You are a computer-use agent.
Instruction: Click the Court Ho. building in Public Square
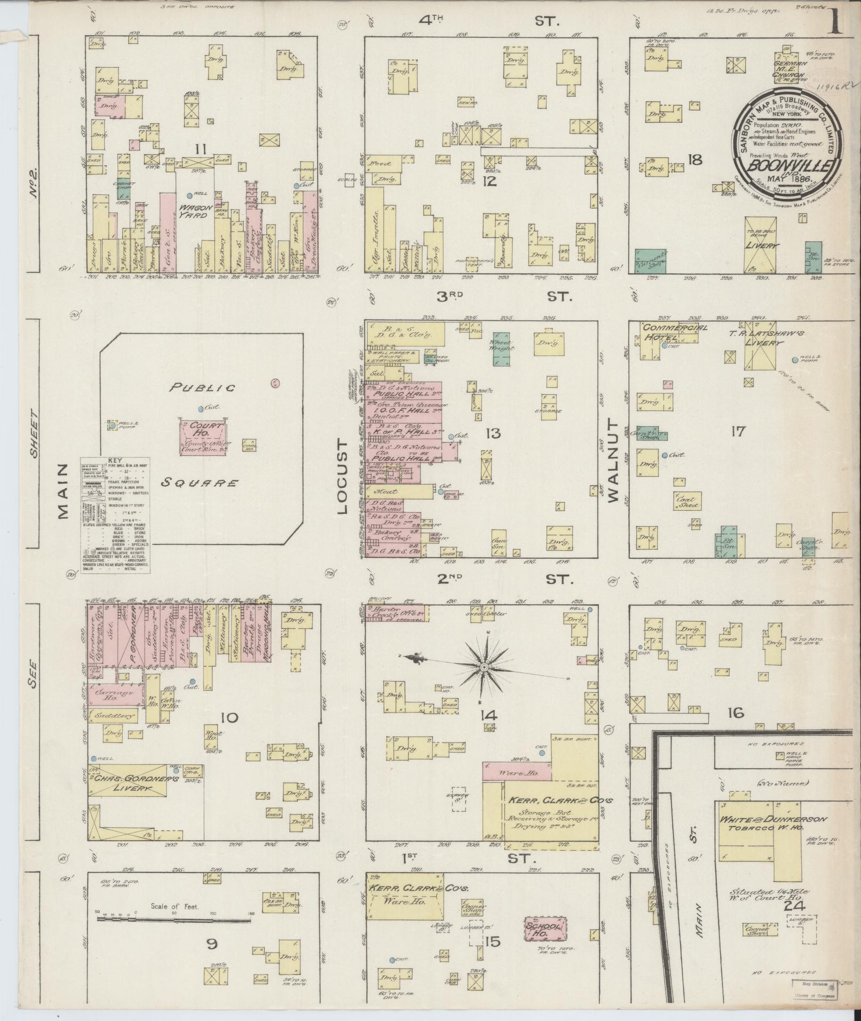pyautogui.click(x=203, y=437)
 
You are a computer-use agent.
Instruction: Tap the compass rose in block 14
pyautogui.click(x=484, y=667)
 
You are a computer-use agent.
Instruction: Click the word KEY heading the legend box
pyautogui.click(x=115, y=460)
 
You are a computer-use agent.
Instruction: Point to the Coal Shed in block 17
pyautogui.click(x=687, y=501)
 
